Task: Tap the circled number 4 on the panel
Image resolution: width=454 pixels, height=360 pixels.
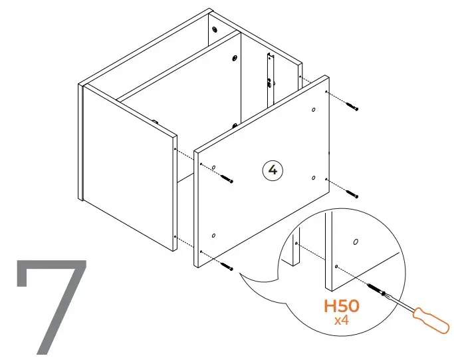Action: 272,170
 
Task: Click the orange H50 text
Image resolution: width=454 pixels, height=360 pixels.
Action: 342,307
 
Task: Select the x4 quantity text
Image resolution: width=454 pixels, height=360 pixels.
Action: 342,321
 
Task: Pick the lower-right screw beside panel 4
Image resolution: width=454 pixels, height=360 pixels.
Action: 352,194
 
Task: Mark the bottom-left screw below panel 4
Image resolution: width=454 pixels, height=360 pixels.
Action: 228,266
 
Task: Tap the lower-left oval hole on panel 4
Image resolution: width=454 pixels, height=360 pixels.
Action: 213,235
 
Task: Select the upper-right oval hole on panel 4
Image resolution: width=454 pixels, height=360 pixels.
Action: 313,109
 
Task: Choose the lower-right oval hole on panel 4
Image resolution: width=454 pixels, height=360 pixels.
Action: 312,177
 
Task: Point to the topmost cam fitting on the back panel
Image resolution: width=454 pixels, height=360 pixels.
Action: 215,30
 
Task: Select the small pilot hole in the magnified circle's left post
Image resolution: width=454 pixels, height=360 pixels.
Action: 295,244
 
